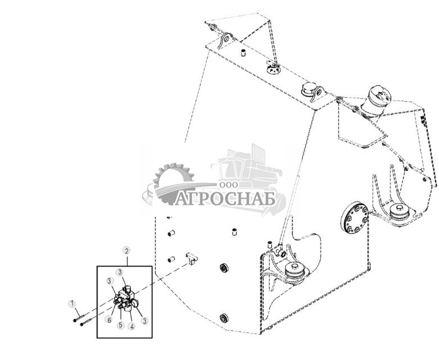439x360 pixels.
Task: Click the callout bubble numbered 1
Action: pyautogui.click(x=71, y=304)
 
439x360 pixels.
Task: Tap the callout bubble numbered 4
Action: pyautogui.click(x=131, y=326)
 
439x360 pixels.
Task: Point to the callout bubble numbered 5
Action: pyautogui.click(x=120, y=325)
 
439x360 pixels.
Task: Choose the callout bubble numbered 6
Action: pyautogui.click(x=107, y=320)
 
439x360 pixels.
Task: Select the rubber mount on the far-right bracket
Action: pyautogui.click(x=401, y=211)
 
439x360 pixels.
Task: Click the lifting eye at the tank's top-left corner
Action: pyautogui.click(x=227, y=40)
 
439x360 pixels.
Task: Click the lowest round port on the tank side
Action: pyautogui.click(x=224, y=318)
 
